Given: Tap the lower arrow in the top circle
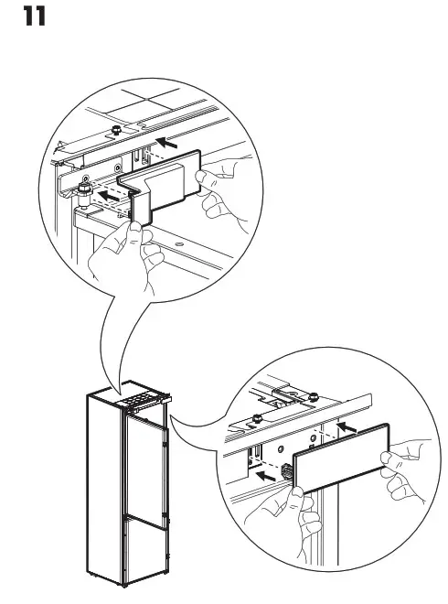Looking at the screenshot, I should (112, 195).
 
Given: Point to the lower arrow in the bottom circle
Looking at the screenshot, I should (265, 476).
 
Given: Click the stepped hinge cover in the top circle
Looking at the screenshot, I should (165, 189).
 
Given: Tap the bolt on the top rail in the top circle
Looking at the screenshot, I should (118, 132).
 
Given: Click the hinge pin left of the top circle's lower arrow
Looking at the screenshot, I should (84, 193).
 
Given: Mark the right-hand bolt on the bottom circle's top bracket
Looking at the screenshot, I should (314, 396).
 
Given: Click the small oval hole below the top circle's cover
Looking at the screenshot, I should (178, 245).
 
